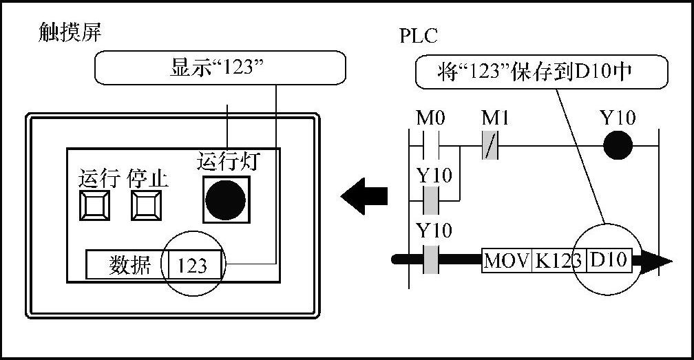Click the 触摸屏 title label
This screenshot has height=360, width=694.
tap(70, 34)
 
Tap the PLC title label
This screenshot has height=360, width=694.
tap(418, 36)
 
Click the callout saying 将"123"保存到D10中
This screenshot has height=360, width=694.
tap(542, 72)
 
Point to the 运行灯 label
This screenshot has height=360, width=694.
tap(227, 161)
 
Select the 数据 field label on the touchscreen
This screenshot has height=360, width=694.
tap(129, 265)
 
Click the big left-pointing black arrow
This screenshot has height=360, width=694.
tap(365, 196)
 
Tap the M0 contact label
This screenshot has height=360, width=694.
tap(431, 119)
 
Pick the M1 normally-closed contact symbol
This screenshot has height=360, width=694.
tap(490, 146)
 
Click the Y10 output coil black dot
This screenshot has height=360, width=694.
tap(618, 146)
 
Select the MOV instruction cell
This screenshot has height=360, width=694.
tap(506, 261)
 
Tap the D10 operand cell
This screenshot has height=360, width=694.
tap(609, 261)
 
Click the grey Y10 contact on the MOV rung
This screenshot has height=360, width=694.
tap(430, 261)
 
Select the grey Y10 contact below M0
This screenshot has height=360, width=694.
tap(430, 201)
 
